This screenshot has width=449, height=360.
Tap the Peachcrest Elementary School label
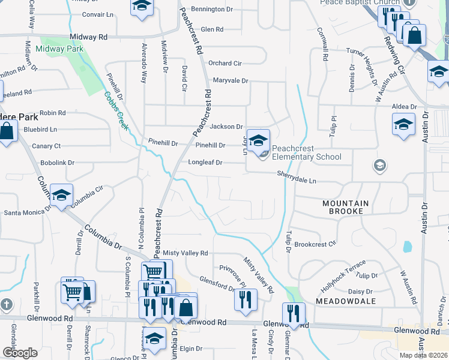(x=306, y=153)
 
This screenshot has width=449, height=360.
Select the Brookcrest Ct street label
(x=315, y=245)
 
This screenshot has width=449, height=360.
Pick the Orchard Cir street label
(x=224, y=63)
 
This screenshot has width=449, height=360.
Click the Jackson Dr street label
(x=226, y=127)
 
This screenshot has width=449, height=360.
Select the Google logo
(x=20, y=353)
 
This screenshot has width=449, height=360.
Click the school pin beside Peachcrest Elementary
(x=258, y=141)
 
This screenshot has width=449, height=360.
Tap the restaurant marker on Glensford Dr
(x=245, y=299)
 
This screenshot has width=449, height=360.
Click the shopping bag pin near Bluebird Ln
(x=6, y=131)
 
